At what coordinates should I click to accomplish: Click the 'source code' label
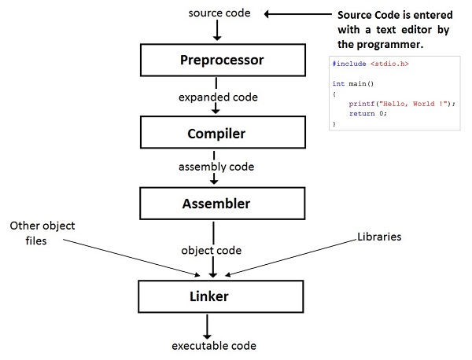(x=219, y=13)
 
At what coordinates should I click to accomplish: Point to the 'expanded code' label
(x=218, y=97)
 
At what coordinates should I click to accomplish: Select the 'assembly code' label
(x=216, y=167)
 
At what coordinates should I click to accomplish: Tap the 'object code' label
(x=212, y=250)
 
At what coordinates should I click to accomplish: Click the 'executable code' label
(x=214, y=346)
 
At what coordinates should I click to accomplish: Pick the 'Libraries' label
(x=379, y=237)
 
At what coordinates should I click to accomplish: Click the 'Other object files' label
(x=42, y=233)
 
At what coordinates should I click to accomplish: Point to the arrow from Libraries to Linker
(x=291, y=258)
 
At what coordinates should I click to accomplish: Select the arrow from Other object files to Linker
(x=131, y=258)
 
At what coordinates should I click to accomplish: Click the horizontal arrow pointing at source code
(x=297, y=14)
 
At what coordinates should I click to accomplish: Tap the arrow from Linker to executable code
(x=207, y=327)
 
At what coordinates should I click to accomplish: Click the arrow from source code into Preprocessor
(x=217, y=30)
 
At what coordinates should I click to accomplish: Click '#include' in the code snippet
(x=349, y=64)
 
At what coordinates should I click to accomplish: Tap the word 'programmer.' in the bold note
(x=390, y=45)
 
